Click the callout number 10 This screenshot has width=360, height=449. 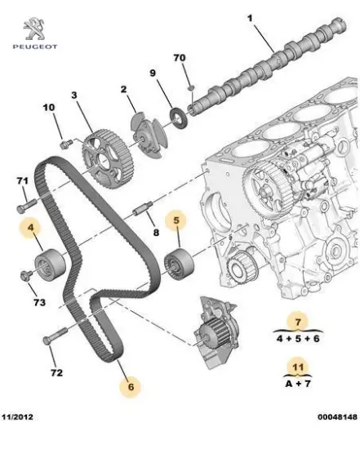48,106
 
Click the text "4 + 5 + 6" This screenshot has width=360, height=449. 300,337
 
